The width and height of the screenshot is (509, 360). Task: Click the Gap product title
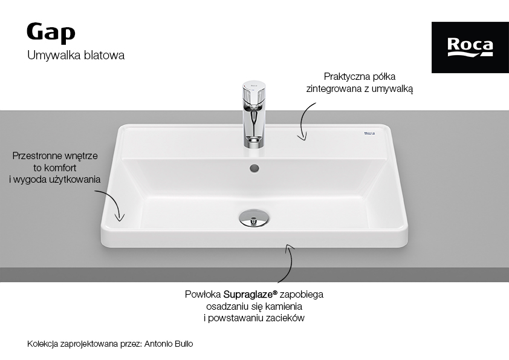51,33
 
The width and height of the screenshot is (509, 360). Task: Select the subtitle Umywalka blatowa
76,55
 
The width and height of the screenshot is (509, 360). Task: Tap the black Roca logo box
470,47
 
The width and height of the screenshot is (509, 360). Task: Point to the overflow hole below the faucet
254,168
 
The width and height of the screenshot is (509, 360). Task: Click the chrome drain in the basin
254,218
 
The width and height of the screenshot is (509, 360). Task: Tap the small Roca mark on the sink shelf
369,133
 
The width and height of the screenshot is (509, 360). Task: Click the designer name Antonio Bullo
169,344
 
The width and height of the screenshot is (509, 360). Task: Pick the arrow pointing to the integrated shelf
302,121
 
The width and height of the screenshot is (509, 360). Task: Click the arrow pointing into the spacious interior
114,201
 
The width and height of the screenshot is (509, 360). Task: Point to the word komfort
60,168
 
